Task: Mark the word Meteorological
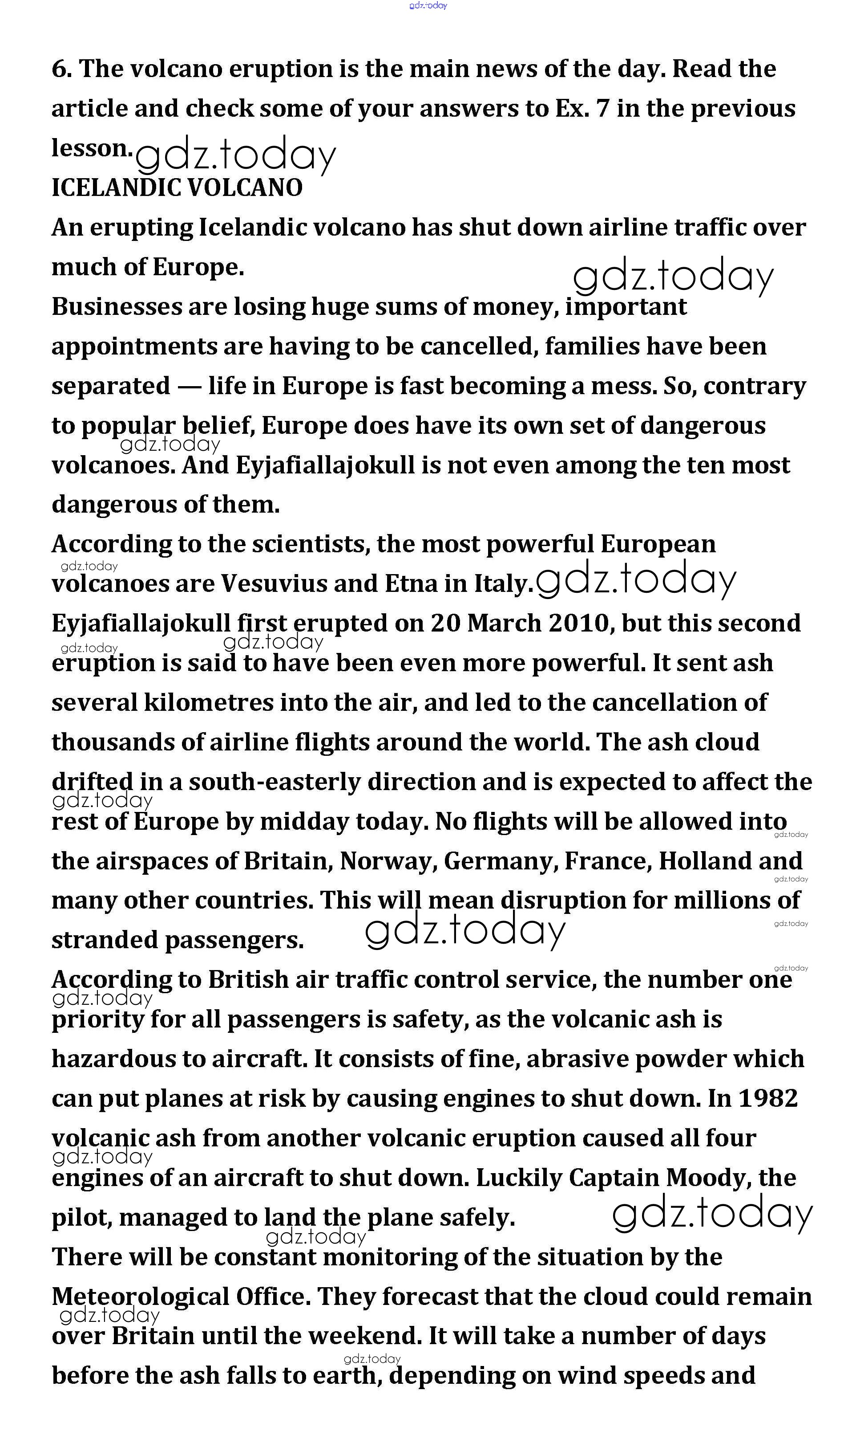pyautogui.click(x=141, y=1296)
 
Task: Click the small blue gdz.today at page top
pyautogui.click(x=428, y=6)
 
